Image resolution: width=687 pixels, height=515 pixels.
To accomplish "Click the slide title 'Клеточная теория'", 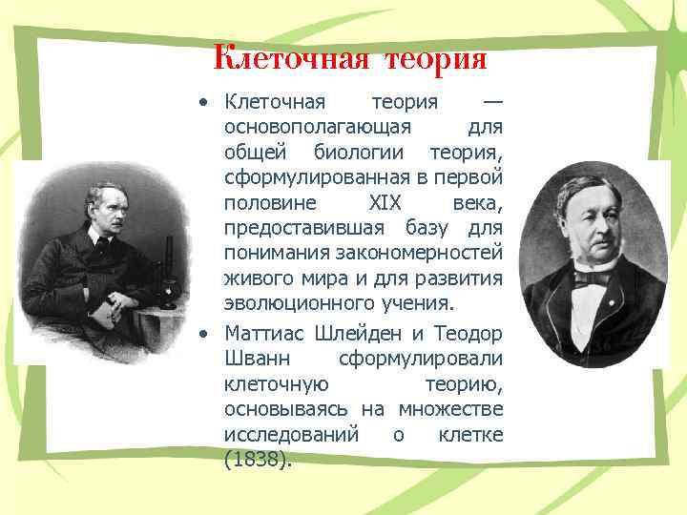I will (350, 58).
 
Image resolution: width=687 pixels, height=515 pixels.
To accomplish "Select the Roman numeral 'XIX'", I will (385, 202).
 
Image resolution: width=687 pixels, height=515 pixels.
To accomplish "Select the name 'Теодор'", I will (468, 333).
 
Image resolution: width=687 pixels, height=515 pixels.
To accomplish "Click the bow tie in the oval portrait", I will (593, 276).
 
